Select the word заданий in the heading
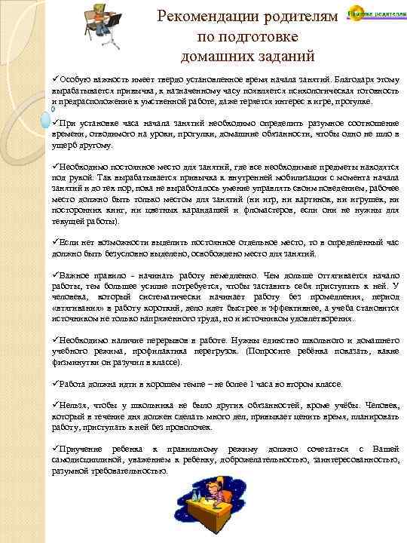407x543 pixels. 272,56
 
